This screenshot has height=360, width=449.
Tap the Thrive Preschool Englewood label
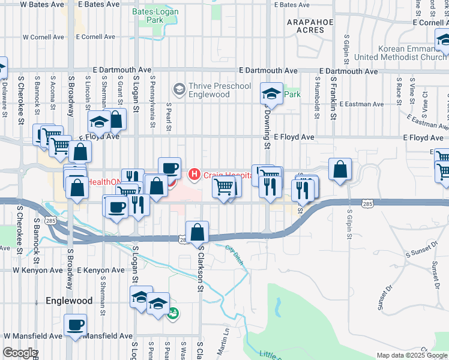(219, 90)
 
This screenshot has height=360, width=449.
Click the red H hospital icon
(194, 175)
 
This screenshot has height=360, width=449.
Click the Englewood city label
(69, 301)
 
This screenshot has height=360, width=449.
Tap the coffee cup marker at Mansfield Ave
(76, 326)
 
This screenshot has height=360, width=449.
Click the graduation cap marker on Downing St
(271, 94)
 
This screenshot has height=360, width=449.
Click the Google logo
(19, 353)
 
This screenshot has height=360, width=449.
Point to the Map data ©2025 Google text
(412, 355)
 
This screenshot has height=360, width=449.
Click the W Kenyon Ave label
(42, 271)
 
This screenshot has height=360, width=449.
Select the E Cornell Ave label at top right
(427, 22)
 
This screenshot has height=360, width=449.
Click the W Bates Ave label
(42, 4)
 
